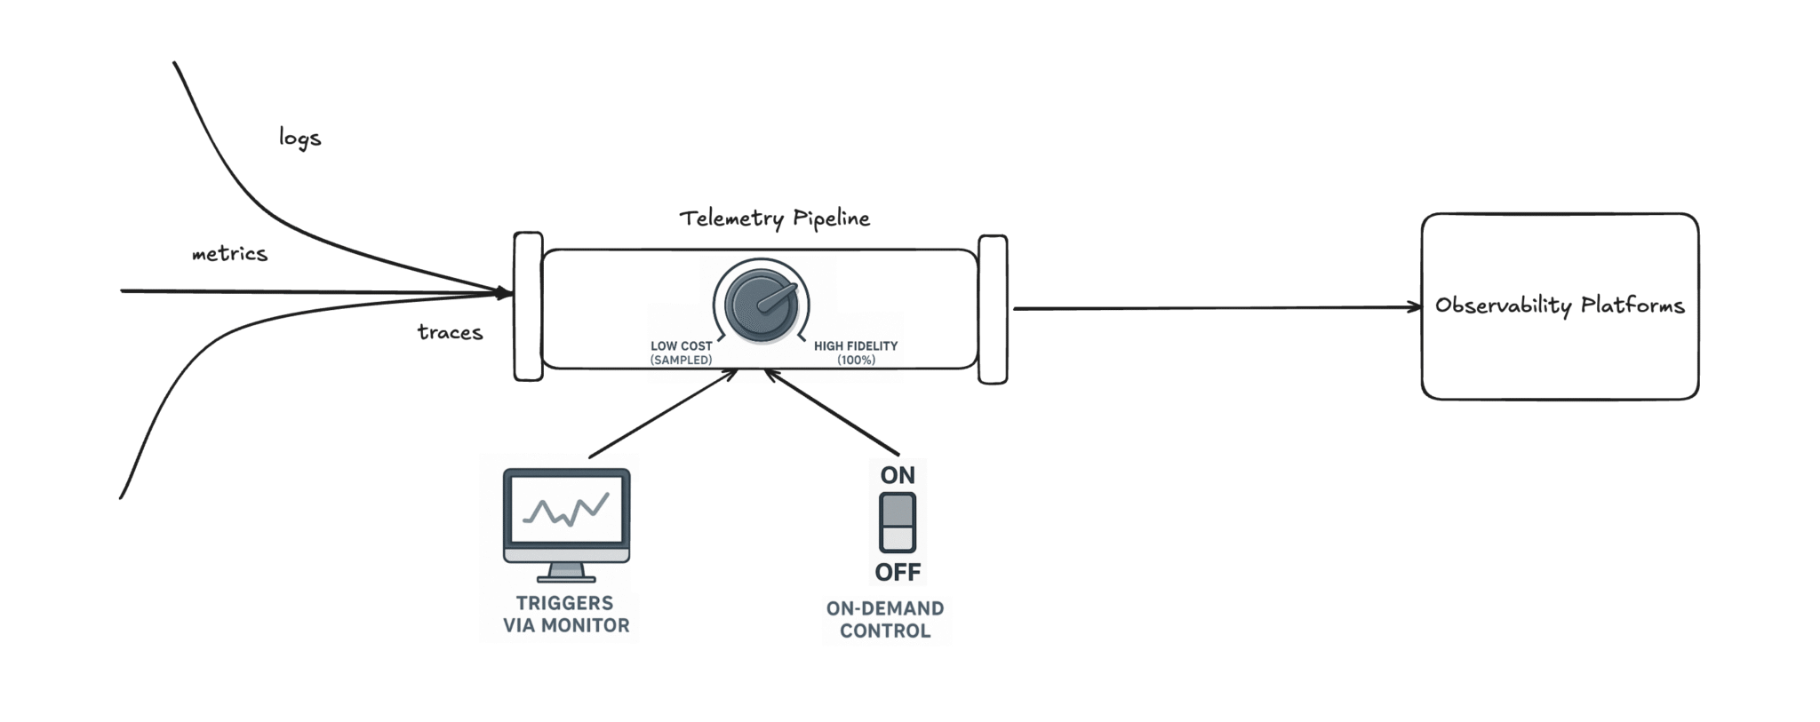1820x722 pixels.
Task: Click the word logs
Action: pos(299,138)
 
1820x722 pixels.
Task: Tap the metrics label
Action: pos(229,254)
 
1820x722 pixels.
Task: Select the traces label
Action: pos(450,332)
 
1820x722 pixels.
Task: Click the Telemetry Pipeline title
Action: pos(774,218)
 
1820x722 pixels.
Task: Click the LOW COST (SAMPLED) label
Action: pos(681,353)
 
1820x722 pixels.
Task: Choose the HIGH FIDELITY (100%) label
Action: pos(856,353)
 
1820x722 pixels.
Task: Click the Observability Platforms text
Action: pos(1560,305)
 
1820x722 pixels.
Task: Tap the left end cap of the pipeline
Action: pos(528,306)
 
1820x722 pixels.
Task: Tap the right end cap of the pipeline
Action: pos(993,309)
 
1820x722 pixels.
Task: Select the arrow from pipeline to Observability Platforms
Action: pos(1217,308)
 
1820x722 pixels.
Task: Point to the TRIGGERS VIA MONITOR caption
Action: pos(566,615)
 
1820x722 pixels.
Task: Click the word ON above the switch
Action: pos(898,475)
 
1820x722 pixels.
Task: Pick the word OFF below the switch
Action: pos(898,572)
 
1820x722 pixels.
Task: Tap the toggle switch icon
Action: pos(898,523)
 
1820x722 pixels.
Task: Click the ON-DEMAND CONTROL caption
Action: pos(885,620)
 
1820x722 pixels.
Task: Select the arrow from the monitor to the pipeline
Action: pos(662,414)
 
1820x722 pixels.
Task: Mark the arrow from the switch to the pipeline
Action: pos(832,412)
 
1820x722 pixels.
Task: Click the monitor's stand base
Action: pos(567,578)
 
